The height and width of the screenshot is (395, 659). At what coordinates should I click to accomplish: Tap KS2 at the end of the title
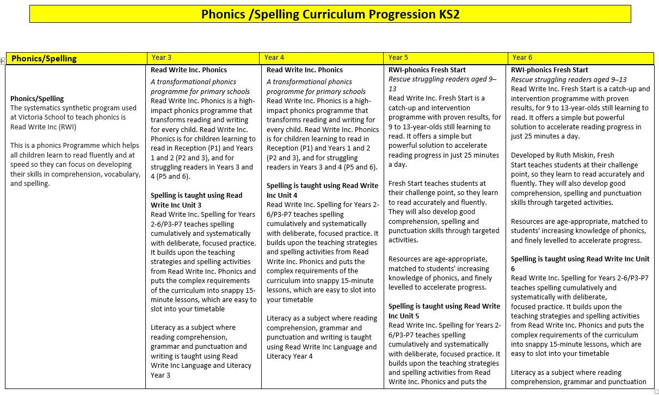click(448, 14)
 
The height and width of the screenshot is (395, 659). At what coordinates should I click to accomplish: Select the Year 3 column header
click(162, 58)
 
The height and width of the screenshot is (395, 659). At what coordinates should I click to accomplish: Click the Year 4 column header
click(274, 58)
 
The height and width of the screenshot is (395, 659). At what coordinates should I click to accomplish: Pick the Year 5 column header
click(398, 58)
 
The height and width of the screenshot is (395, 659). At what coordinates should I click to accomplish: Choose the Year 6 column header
click(522, 58)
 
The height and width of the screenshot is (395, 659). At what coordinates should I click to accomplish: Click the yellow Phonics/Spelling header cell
click(44, 59)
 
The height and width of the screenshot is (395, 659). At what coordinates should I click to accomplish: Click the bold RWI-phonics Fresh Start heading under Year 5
click(427, 70)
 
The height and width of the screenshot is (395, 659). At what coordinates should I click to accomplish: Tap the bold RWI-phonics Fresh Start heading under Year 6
click(550, 70)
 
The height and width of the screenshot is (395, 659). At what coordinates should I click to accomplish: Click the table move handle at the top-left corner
click(2, 61)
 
